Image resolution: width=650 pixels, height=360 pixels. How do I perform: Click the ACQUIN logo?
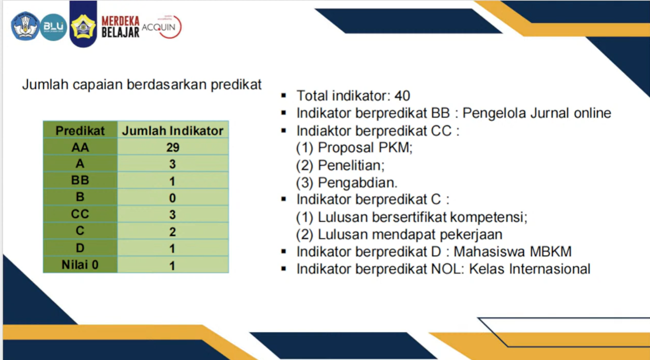[162, 27]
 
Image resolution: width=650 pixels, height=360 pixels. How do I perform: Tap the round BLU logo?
[53, 27]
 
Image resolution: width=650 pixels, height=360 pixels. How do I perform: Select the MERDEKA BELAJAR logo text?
[121, 27]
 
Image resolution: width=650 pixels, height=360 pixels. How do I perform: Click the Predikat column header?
[80, 130]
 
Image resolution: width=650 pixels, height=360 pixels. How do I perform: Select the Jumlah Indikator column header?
[172, 130]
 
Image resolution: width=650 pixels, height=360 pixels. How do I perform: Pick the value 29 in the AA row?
[172, 147]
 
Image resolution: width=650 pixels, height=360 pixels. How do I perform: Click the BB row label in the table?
[80, 181]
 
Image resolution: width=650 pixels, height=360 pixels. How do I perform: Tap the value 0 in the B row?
[172, 198]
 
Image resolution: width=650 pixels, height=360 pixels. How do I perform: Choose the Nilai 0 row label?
[80, 265]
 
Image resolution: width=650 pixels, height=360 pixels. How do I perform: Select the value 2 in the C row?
[172, 232]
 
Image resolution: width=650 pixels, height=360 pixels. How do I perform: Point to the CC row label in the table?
[80, 214]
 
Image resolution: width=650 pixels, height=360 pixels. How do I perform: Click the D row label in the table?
[80, 248]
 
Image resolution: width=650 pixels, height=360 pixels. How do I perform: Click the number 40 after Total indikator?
[402, 96]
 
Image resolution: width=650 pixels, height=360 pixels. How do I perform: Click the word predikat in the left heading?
[236, 85]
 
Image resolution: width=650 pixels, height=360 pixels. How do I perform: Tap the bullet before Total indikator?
[284, 96]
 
